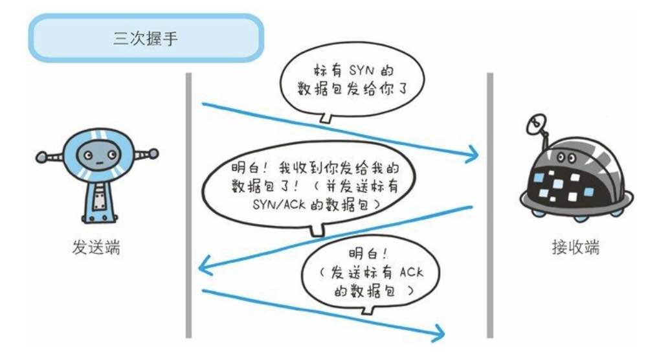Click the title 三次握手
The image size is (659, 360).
pyautogui.click(x=146, y=38)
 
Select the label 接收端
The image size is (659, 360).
pyautogui.click(x=575, y=248)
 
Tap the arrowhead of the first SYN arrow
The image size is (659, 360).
pyautogui.click(x=474, y=154)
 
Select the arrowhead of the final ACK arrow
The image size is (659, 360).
pyautogui.click(x=441, y=333)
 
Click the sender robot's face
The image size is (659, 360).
pyautogui.click(x=96, y=155)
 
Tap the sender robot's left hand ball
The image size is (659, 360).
pyautogui.click(x=41, y=156)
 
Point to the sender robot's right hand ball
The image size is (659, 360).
pyautogui.click(x=153, y=154)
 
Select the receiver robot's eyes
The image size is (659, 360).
pyautogui.click(x=564, y=157)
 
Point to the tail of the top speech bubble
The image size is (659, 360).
pyautogui.click(x=326, y=118)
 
